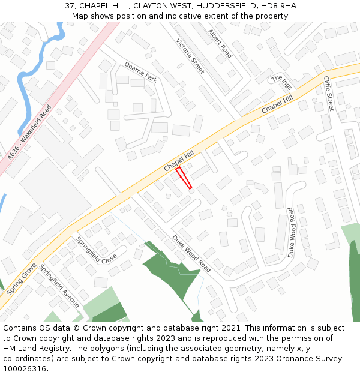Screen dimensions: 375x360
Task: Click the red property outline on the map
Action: (x=184, y=178)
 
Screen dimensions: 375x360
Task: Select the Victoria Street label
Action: (x=190, y=56)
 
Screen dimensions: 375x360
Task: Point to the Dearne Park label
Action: (x=140, y=72)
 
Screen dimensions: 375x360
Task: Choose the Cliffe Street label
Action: (x=329, y=93)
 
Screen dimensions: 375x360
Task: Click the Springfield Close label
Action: (x=96, y=251)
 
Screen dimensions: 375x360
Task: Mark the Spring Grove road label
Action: (x=22, y=279)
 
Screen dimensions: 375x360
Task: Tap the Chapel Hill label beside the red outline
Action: (x=179, y=161)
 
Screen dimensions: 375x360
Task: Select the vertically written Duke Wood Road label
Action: (x=291, y=232)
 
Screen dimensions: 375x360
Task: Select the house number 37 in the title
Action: (x=70, y=6)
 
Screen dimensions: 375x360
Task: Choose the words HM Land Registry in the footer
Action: (x=31, y=349)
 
